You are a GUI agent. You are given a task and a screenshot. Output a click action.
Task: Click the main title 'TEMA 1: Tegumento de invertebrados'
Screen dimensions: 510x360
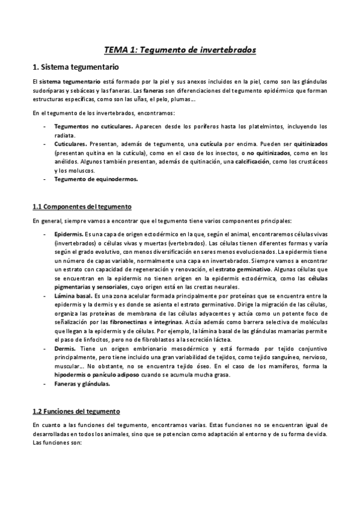(x=180, y=49)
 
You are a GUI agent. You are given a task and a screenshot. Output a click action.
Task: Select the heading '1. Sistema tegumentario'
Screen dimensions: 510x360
(x=76, y=66)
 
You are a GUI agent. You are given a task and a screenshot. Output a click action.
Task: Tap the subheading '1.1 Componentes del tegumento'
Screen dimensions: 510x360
(x=82, y=206)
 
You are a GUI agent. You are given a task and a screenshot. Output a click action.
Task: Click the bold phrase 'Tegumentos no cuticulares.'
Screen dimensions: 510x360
(x=93, y=127)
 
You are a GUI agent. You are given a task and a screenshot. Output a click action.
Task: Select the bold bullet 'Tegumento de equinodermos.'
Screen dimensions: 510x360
(x=96, y=179)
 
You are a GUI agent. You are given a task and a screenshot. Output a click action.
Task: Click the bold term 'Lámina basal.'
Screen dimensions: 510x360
(x=74, y=296)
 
